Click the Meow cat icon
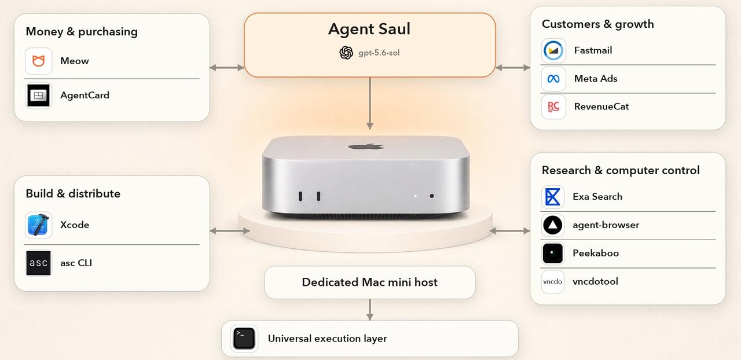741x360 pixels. tap(39, 61)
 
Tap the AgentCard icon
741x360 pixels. tap(38, 95)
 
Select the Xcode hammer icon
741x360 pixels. tap(38, 225)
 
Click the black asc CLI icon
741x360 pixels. tap(38, 263)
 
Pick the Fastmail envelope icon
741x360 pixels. tap(553, 50)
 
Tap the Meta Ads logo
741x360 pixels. tap(553, 79)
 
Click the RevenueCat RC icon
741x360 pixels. tap(553, 107)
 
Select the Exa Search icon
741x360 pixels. tap(553, 197)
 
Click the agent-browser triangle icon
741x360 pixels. tap(553, 225)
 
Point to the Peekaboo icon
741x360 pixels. tap(553, 254)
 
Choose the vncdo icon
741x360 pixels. tap(553, 282)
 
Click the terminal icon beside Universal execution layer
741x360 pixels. tap(244, 339)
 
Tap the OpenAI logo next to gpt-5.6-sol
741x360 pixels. tap(346, 53)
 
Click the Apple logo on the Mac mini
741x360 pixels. tap(366, 146)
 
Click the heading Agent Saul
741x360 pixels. tap(369, 29)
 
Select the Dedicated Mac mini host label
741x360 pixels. tap(370, 282)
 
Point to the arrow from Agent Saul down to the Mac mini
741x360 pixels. tap(370, 103)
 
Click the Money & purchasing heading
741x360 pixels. tap(82, 32)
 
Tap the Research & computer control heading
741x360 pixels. tap(621, 170)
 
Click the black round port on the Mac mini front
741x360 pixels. tap(432, 196)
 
